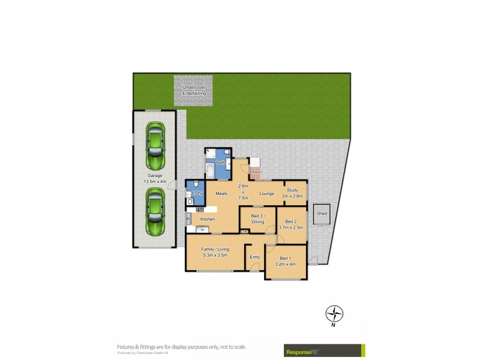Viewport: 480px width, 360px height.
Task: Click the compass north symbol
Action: coord(334,313)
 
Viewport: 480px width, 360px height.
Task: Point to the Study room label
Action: coord(292,190)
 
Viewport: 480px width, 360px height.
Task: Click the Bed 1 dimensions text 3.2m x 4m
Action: coord(286,263)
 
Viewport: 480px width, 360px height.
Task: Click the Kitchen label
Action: coord(208,219)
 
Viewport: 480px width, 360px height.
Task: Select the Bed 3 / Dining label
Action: coord(257,218)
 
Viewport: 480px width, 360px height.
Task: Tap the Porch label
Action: coord(257,172)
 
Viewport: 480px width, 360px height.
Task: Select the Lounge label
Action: coord(266,193)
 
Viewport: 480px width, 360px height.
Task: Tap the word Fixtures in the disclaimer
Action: coord(127,346)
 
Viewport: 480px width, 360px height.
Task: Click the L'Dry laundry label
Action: coord(196,192)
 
